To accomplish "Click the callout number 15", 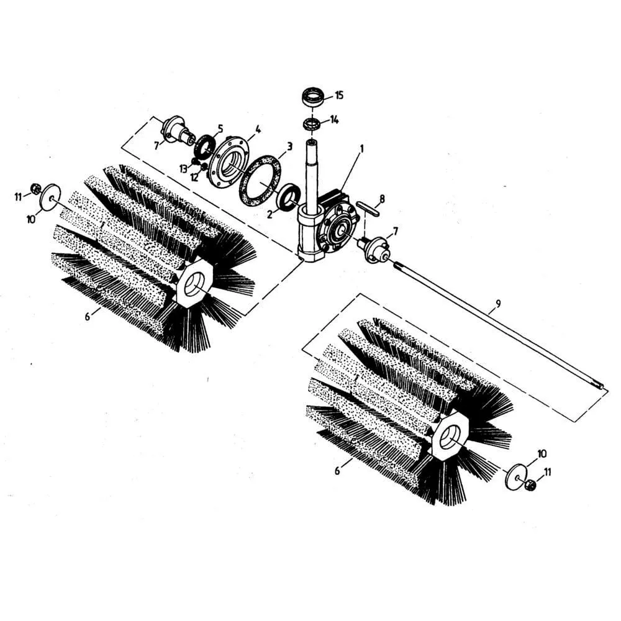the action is click(339, 96).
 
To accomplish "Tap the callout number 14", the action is click(335, 120).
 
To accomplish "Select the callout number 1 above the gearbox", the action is click(361, 148).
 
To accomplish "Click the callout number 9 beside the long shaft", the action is click(498, 304).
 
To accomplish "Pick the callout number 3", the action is click(289, 147).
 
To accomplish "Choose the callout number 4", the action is click(258, 129).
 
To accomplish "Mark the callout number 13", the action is click(183, 169).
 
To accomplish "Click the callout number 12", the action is click(194, 177).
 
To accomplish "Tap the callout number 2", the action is click(270, 214).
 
